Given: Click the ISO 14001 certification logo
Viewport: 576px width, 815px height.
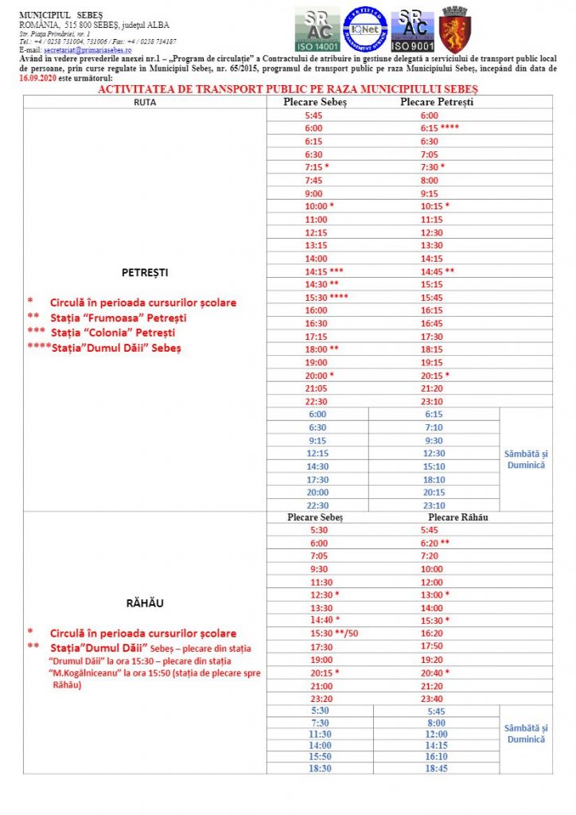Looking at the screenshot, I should tap(317, 29).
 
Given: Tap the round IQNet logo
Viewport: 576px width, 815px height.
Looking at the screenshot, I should tap(365, 29).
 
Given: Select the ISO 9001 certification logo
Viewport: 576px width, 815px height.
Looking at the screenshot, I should tap(412, 29).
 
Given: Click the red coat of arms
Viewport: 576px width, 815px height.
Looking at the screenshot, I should tap(455, 29).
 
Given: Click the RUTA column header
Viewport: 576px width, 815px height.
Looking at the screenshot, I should tap(145, 103).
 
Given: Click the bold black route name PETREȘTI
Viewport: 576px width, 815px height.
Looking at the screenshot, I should tap(145, 272).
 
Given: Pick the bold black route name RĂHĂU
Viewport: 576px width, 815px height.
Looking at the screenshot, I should tap(145, 602).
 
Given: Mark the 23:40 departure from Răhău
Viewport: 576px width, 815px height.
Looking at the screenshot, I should tap(430, 699).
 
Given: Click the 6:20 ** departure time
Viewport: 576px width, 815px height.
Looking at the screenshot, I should tap(434, 543).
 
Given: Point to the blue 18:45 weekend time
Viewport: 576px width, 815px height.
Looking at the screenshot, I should tap(436, 769).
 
